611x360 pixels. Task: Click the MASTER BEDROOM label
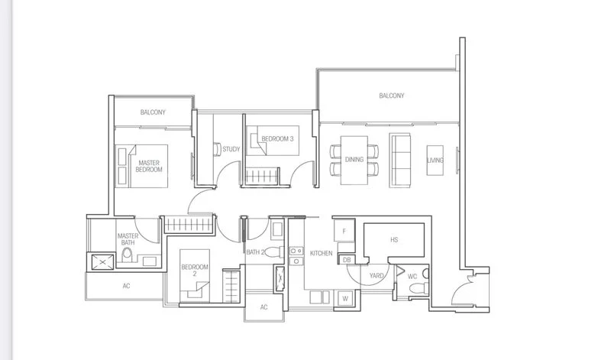coord(150,167)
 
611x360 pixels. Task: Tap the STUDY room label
coord(231,149)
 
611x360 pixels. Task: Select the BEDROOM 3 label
coord(277,138)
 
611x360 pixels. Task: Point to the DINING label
coord(354,160)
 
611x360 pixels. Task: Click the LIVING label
coord(435,160)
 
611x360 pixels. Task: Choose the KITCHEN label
coord(321,253)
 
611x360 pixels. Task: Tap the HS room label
coord(394,240)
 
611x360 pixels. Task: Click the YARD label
coord(377,275)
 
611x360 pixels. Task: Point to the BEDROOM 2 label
coord(189,270)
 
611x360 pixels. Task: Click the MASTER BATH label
coord(128,239)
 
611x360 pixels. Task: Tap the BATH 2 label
coord(255,251)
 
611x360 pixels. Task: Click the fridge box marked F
coord(344,230)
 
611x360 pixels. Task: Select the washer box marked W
coord(345,298)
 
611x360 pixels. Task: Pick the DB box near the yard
coord(346,260)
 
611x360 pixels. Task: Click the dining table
coord(354,159)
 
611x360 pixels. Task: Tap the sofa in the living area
coord(399,159)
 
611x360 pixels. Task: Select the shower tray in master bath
coord(102,262)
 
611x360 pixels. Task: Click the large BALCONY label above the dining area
coord(391,96)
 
